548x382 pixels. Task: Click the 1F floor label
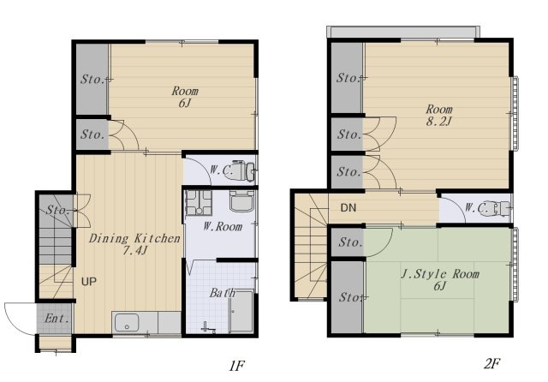(236, 366)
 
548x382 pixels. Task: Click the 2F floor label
(491, 364)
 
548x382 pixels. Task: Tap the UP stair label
(89, 282)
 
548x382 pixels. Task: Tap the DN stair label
(348, 208)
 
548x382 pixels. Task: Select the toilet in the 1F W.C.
(240, 170)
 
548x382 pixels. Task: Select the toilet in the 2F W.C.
(496, 208)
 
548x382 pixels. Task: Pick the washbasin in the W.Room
(241, 200)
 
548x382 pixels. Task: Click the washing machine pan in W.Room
(199, 203)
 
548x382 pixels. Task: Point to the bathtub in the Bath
(241, 311)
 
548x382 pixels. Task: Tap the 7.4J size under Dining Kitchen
(134, 250)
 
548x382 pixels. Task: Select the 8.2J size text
(439, 122)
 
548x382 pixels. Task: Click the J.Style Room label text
(440, 274)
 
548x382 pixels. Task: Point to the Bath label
(223, 293)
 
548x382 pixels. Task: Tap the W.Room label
(223, 227)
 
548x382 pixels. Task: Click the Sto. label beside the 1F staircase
(58, 210)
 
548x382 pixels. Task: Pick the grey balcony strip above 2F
(403, 32)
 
